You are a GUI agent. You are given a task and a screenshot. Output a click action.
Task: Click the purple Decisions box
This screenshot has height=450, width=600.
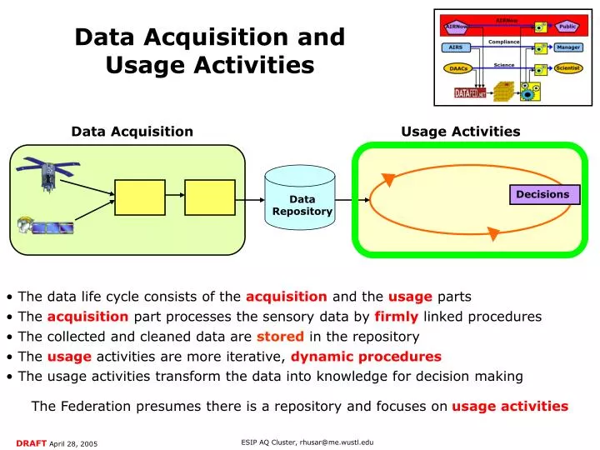pyautogui.click(x=542, y=194)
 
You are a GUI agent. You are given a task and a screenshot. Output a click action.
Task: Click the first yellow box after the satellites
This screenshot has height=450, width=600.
pyautogui.click(x=140, y=197)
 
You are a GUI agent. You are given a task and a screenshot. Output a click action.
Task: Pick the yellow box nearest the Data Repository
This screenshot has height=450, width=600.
pyautogui.click(x=209, y=197)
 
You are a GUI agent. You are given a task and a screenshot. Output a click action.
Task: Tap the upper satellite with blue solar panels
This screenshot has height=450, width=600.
pyautogui.click(x=49, y=172)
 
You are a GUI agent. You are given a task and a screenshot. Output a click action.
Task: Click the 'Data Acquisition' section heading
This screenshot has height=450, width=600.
pyautogui.click(x=132, y=131)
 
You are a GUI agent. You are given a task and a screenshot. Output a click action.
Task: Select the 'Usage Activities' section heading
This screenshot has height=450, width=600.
pyautogui.click(x=460, y=131)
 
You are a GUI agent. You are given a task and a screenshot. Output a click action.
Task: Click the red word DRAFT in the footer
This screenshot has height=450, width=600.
pyautogui.click(x=30, y=441)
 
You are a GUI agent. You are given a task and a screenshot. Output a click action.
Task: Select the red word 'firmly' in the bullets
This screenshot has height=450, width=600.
pyautogui.click(x=396, y=317)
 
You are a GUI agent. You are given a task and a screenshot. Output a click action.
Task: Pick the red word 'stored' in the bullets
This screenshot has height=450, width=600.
pyautogui.click(x=280, y=337)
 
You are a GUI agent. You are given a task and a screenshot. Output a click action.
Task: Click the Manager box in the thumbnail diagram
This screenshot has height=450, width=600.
pyautogui.click(x=567, y=47)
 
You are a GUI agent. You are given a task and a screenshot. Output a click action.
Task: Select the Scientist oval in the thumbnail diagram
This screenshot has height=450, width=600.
pyautogui.click(x=567, y=68)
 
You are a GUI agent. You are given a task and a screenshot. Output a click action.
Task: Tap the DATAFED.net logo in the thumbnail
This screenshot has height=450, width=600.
pyautogui.click(x=469, y=94)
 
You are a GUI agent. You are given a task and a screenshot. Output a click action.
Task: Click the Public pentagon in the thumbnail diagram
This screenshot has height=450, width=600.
pyautogui.click(x=567, y=27)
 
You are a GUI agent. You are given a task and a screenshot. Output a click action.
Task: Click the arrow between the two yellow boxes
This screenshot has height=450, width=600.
pyautogui.click(x=175, y=197)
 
